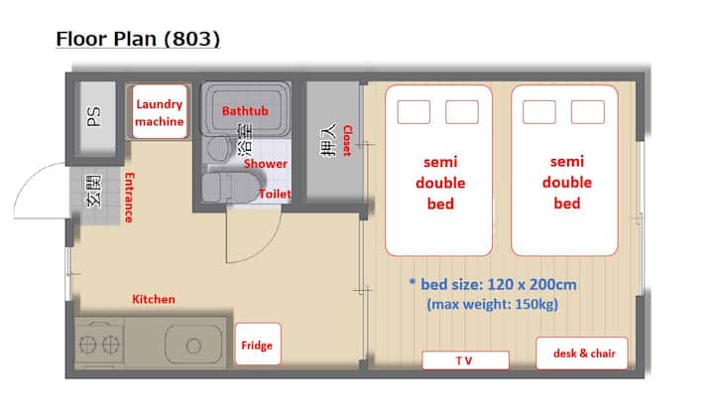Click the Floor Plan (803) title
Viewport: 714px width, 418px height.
pyautogui.click(x=138, y=39)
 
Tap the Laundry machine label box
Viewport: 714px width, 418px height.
pyautogui.click(x=160, y=111)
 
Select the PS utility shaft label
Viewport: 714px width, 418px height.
pyautogui.click(x=94, y=116)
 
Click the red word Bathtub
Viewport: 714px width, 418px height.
pyautogui.click(x=245, y=111)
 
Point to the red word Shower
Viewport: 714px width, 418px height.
pyautogui.click(x=266, y=164)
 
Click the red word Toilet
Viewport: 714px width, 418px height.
pyautogui.click(x=275, y=194)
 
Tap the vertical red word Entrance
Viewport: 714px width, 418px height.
pyautogui.click(x=129, y=198)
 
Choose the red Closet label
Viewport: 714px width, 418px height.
pyautogui.click(x=347, y=140)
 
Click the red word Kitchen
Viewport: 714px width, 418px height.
pyautogui.click(x=154, y=299)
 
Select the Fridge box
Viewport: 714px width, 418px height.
pyautogui.click(x=258, y=344)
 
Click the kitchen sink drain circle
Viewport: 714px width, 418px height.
pyautogui.click(x=193, y=346)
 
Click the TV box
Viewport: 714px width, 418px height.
pyautogui.click(x=465, y=360)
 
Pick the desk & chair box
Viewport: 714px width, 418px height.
pyautogui.click(x=582, y=352)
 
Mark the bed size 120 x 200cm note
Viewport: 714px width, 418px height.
pyautogui.click(x=494, y=284)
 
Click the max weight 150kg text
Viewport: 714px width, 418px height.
pyautogui.click(x=492, y=304)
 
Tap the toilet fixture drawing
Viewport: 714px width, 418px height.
pyautogui.click(x=227, y=188)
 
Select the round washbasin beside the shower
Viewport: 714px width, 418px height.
pyautogui.click(x=218, y=148)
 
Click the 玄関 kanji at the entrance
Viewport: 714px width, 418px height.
pyautogui.click(x=94, y=191)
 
